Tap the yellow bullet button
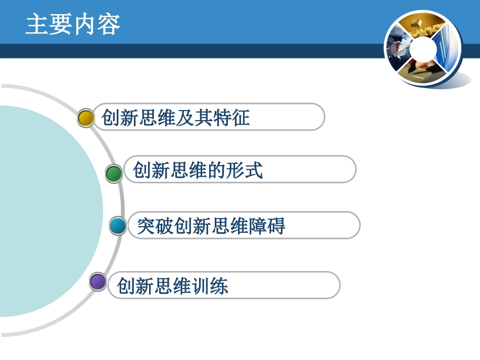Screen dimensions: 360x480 pos(86,118)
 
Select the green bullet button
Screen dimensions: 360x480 pos(114,174)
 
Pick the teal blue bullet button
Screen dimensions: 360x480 pos(118,226)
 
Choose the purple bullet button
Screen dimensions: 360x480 pos(98,282)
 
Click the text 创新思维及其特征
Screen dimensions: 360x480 pos(176,118)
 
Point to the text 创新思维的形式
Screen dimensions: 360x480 pos(198,170)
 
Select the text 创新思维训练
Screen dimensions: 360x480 pos(172,286)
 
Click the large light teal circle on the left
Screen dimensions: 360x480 pos(45,212)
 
